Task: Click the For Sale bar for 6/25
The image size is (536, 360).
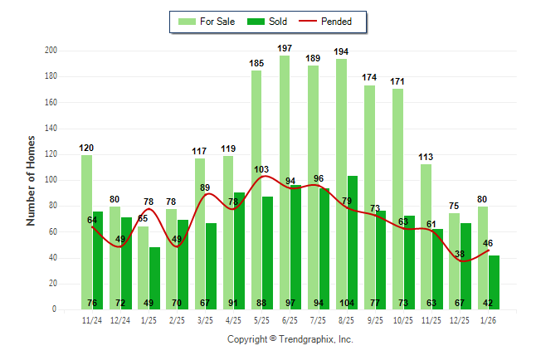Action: [x=285, y=182]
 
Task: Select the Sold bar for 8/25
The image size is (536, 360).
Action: [x=353, y=241]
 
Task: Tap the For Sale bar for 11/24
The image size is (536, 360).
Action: [x=87, y=232]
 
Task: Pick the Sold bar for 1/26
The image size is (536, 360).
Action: [x=495, y=282]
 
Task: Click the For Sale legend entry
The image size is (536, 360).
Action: [x=209, y=22]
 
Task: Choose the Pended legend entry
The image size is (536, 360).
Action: [x=328, y=22]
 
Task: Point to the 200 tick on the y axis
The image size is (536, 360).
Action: [x=51, y=51]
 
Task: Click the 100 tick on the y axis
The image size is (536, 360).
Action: [x=51, y=180]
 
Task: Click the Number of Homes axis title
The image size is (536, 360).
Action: [x=32, y=180]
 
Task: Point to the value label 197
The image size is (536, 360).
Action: [x=285, y=49]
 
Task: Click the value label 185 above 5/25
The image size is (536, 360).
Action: [x=256, y=63]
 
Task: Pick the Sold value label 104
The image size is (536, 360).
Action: [x=353, y=302]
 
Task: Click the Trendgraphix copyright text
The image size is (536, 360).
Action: [x=290, y=339]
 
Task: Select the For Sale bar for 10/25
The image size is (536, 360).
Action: [x=398, y=199]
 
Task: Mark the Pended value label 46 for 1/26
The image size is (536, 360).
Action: [x=488, y=243]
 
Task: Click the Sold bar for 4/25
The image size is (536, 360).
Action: [x=239, y=249]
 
